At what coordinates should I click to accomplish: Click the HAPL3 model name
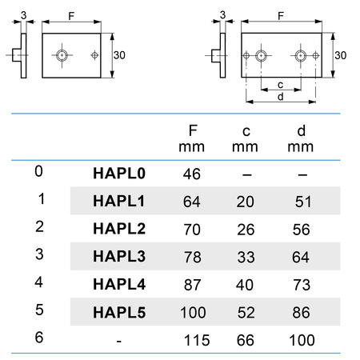pyautogui.click(x=119, y=256)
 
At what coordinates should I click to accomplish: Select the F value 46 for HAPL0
pyautogui.click(x=192, y=174)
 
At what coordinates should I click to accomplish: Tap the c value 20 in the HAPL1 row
pyautogui.click(x=245, y=202)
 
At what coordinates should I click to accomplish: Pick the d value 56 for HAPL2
pyautogui.click(x=301, y=230)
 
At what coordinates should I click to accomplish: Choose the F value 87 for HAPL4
pyautogui.click(x=192, y=285)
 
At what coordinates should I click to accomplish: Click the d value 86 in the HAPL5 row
pyautogui.click(x=301, y=313)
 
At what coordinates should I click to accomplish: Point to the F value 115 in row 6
pyautogui.click(x=197, y=340)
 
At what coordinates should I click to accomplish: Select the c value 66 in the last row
pyautogui.click(x=246, y=340)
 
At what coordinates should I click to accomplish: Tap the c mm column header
pyautogui.click(x=245, y=139)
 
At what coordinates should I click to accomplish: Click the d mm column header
pyautogui.click(x=301, y=139)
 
